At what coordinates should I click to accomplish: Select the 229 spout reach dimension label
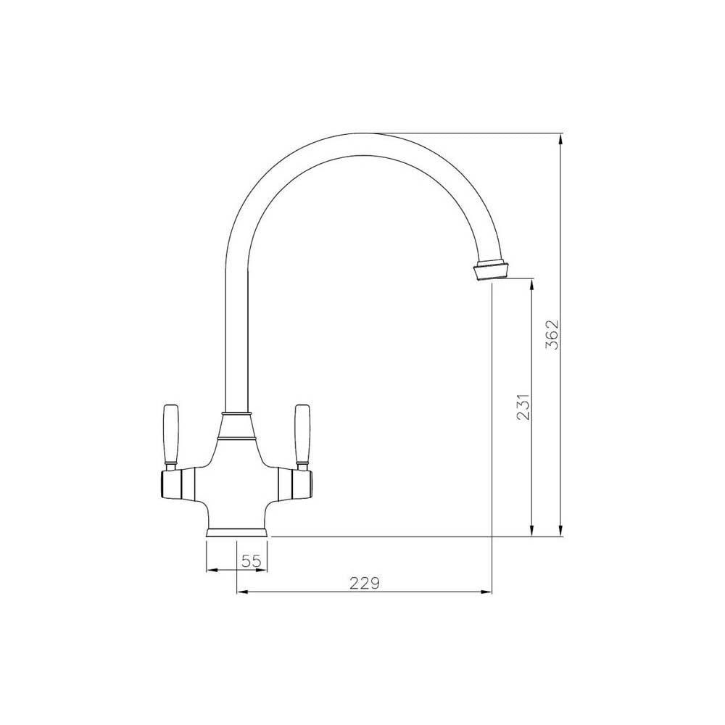pyautogui.click(x=365, y=583)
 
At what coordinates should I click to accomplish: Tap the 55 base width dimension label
pyautogui.click(x=251, y=560)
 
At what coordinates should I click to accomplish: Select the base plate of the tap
pyautogui.click(x=238, y=533)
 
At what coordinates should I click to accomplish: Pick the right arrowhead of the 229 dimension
pyautogui.click(x=487, y=592)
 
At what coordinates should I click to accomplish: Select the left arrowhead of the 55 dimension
pyautogui.click(x=212, y=570)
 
